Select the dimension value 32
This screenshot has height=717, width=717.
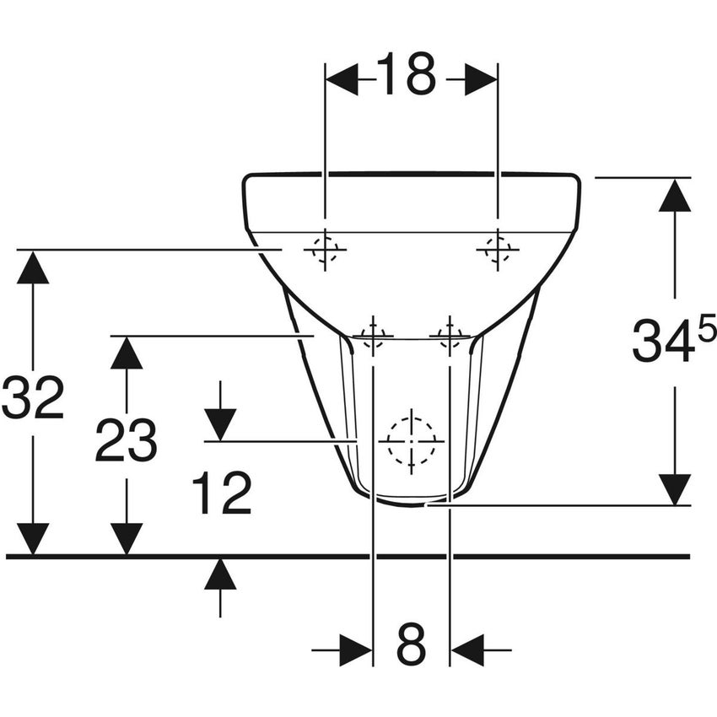click(33, 399)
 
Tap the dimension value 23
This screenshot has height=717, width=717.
click(126, 440)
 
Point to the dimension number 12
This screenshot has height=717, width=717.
click(221, 493)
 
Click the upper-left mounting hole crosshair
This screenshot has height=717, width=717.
click(325, 250)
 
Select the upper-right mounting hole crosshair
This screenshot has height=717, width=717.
click(497, 250)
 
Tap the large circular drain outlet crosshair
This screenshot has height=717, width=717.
click(411, 440)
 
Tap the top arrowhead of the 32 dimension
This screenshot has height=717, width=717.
click(33, 267)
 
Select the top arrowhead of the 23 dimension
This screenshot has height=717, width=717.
click(126, 353)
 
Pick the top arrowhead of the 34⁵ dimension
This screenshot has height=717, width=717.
click(674, 195)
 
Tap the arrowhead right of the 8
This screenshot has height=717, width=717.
click(466, 650)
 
